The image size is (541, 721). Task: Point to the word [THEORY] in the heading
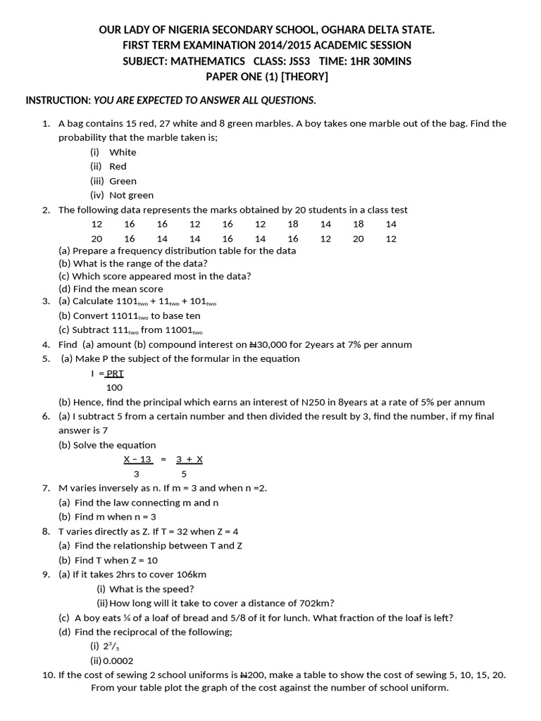(x=300, y=76)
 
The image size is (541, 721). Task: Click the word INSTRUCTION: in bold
(x=58, y=100)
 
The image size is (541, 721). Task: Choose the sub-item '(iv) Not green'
(x=122, y=195)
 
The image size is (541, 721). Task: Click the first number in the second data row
(x=97, y=239)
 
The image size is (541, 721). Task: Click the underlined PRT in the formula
(x=115, y=373)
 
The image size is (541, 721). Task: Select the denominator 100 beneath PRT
(x=114, y=387)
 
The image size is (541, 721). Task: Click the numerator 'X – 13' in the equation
(x=138, y=459)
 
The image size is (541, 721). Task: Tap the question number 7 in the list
(x=46, y=488)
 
